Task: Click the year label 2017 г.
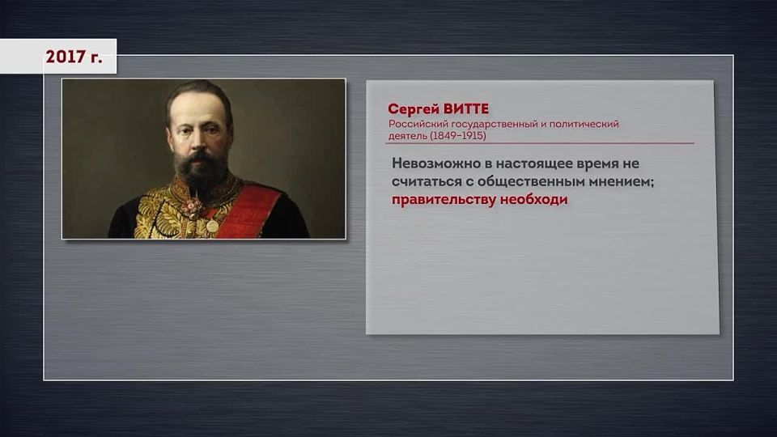74,57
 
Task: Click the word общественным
527,181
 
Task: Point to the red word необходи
533,200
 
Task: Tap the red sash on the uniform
255,212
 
